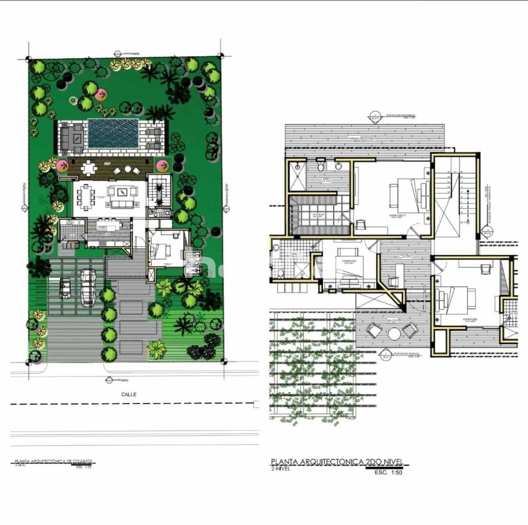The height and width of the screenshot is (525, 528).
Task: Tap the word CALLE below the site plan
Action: (129, 394)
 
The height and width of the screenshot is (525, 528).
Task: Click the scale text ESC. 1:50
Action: (388, 473)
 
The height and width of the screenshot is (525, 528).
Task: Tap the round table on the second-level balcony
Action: (394, 333)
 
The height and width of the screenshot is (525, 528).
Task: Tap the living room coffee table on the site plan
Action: (123, 192)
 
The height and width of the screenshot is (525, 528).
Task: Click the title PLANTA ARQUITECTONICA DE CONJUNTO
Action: (54, 461)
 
